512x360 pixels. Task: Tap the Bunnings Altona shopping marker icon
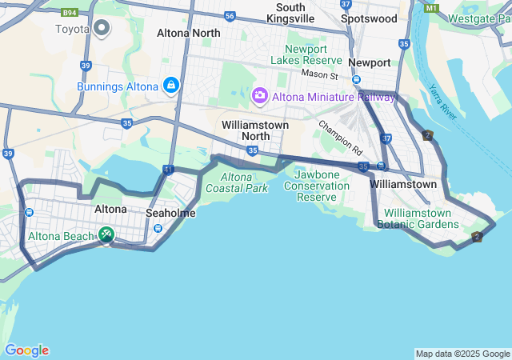(x=170, y=86)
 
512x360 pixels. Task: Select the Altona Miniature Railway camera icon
(x=260, y=96)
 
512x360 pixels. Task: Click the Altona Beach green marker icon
(x=106, y=234)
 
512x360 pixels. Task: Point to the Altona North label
(x=189, y=33)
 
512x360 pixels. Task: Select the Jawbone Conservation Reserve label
(x=322, y=186)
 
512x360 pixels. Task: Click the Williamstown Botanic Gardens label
(x=418, y=218)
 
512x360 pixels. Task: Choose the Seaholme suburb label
(x=170, y=214)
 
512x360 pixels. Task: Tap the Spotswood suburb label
(x=368, y=18)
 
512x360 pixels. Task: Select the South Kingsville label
(x=290, y=12)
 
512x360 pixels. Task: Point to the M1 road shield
(x=432, y=8)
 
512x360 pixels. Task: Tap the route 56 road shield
(x=230, y=16)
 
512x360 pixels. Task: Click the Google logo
(x=26, y=350)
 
